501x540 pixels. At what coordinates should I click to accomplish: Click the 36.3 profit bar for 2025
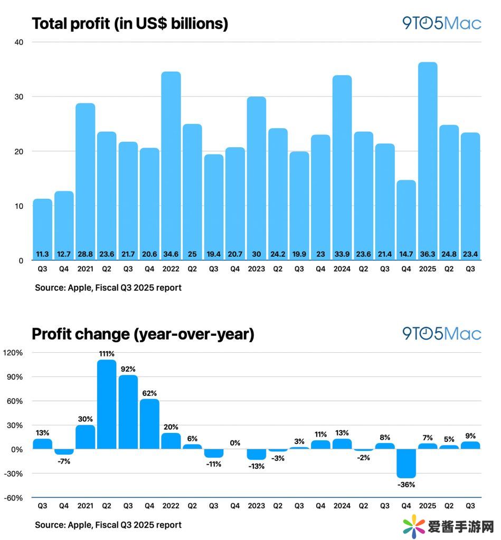click(428, 158)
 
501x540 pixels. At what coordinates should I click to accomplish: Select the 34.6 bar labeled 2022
click(171, 163)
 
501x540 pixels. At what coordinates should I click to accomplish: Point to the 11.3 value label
click(43, 254)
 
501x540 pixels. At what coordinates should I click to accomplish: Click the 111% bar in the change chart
click(107, 404)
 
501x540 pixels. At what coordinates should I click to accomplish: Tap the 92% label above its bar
click(128, 369)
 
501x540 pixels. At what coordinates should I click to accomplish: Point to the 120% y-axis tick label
click(14, 353)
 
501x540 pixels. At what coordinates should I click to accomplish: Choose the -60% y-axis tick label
click(13, 498)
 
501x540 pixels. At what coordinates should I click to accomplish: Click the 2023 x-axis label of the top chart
click(256, 269)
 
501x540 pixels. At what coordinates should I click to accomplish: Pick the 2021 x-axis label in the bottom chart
click(86, 506)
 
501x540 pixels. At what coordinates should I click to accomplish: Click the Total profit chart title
click(130, 24)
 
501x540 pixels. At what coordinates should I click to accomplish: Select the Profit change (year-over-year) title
click(143, 334)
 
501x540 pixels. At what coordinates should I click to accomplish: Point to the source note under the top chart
click(108, 288)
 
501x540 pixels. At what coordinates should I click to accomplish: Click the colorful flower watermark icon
click(415, 526)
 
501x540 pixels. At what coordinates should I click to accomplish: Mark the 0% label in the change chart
click(235, 443)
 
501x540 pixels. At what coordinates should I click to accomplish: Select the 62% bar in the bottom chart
click(149, 424)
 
